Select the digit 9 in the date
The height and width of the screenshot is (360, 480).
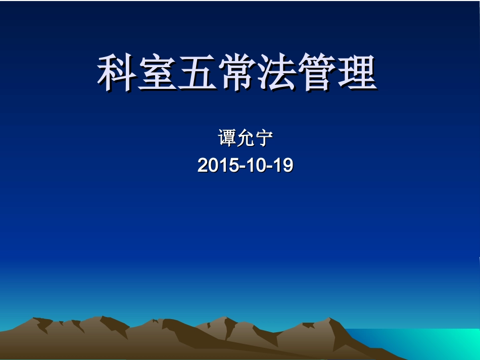tap(288, 166)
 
